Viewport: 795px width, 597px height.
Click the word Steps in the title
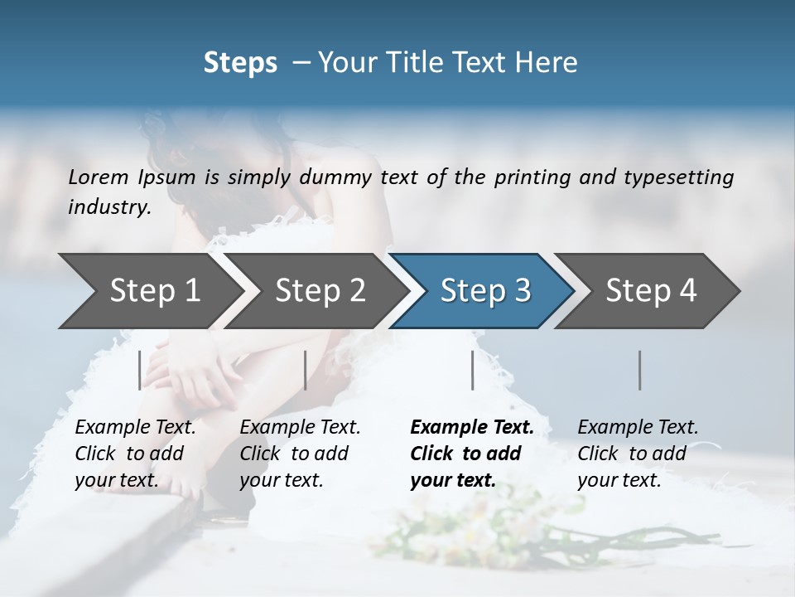coord(240,63)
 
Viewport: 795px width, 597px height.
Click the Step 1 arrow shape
coord(149,291)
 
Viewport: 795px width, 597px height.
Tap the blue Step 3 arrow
coord(484,291)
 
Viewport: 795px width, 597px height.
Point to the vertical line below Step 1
coord(140,370)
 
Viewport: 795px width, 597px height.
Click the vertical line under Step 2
coord(306,370)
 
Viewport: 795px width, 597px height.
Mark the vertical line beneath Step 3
coord(473,370)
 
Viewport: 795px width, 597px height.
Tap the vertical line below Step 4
coord(640,370)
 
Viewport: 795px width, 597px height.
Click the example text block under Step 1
coord(135,454)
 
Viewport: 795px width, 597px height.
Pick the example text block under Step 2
coord(300,454)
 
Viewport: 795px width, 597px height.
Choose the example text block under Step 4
coord(638,454)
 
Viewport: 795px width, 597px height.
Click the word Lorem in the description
coord(99,177)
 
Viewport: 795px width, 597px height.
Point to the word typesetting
coord(685,177)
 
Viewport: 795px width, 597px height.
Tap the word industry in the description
coord(109,207)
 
